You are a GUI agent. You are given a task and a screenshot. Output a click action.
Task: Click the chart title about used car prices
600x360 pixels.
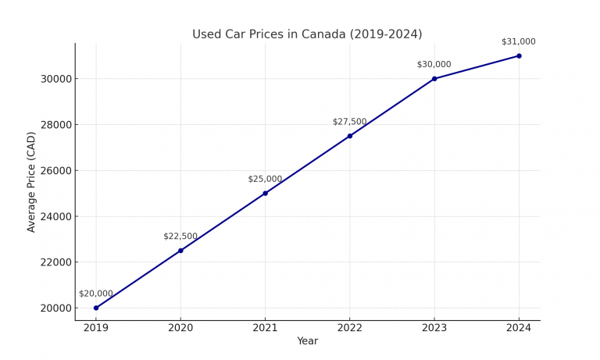pyautogui.click(x=307, y=34)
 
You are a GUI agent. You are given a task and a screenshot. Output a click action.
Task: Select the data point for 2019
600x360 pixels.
pyautogui.click(x=96, y=308)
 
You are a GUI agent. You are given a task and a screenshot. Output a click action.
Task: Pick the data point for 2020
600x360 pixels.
pyautogui.click(x=180, y=251)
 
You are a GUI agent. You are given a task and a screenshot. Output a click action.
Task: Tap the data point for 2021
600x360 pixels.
pyautogui.click(x=265, y=193)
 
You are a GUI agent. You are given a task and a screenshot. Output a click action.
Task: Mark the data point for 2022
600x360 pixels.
pyautogui.click(x=349, y=136)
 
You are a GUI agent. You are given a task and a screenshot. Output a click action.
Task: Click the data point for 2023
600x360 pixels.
pyautogui.click(x=434, y=79)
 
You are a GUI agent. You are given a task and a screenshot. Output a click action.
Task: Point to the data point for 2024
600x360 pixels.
pyautogui.click(x=519, y=55)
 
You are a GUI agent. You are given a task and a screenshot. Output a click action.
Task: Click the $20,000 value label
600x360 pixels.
pyautogui.click(x=96, y=294)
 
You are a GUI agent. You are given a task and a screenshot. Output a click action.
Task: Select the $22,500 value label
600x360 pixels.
pyautogui.click(x=180, y=237)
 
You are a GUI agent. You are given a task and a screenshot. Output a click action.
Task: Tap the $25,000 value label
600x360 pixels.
pyautogui.click(x=265, y=179)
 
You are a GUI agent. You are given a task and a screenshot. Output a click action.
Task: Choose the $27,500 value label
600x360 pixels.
pyautogui.click(x=349, y=122)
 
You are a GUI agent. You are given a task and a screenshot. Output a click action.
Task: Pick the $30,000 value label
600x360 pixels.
pyautogui.click(x=434, y=65)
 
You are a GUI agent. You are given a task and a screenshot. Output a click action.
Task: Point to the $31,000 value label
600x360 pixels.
pyautogui.click(x=519, y=41)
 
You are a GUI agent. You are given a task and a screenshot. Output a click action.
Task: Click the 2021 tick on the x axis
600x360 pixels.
pyautogui.click(x=265, y=328)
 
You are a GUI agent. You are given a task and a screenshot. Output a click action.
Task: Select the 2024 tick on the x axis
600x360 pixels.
pyautogui.click(x=519, y=328)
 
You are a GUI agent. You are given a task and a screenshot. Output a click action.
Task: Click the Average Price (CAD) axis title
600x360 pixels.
pyautogui.click(x=31, y=181)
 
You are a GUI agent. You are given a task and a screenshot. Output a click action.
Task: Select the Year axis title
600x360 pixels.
pyautogui.click(x=307, y=341)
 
